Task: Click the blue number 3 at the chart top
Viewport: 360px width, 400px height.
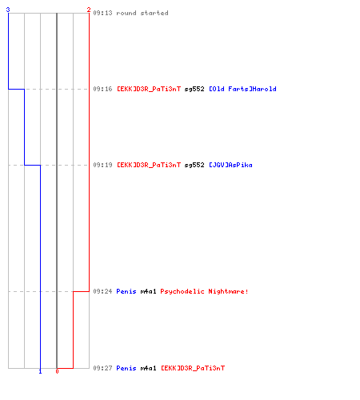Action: (8, 10)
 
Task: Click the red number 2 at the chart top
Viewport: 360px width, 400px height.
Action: (89, 10)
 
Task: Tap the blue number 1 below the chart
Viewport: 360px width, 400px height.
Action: (40, 371)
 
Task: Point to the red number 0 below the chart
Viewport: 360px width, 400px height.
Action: (57, 371)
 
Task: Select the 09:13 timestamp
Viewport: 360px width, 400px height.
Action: (102, 13)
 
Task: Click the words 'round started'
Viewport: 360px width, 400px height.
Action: (142, 13)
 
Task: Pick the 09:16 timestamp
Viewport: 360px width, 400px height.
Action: (102, 89)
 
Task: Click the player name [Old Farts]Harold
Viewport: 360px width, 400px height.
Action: (242, 89)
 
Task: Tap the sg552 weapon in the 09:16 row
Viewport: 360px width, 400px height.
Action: (194, 89)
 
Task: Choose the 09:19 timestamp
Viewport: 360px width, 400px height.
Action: (102, 165)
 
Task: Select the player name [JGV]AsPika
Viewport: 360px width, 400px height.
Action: (230, 165)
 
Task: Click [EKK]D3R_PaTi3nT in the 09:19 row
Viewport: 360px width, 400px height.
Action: (149, 165)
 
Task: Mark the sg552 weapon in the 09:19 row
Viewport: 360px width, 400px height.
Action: (194, 165)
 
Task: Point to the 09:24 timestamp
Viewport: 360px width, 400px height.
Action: (102, 291)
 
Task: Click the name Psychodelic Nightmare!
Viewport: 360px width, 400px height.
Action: (204, 291)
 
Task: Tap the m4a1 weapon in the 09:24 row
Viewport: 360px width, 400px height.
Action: (148, 291)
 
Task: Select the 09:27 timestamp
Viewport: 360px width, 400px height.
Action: (102, 368)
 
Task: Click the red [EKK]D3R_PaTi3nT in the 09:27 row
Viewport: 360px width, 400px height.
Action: (193, 368)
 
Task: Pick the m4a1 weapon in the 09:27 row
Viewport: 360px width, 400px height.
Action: (148, 368)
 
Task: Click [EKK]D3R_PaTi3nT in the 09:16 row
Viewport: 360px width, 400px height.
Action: (149, 89)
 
